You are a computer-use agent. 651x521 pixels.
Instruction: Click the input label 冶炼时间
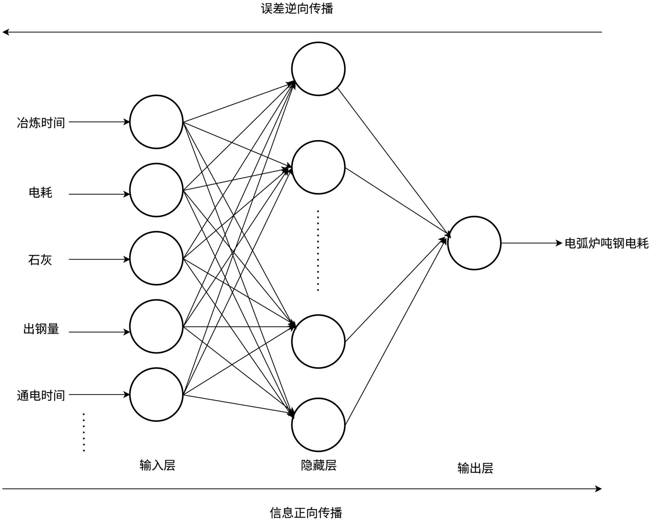point(41,123)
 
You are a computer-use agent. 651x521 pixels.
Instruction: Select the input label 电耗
point(40,192)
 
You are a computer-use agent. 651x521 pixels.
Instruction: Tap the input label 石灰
point(40,260)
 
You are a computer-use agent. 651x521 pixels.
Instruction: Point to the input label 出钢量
point(41,329)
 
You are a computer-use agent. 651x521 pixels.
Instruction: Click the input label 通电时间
point(41,395)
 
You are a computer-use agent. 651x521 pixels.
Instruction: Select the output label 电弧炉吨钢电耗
point(606,243)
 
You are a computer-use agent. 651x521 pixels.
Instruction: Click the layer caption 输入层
point(157,465)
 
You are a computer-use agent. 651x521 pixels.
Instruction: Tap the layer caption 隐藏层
point(318,465)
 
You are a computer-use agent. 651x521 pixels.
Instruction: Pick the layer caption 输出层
point(475,468)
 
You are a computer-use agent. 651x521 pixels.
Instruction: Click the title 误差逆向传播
point(297,9)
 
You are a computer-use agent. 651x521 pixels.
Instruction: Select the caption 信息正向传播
point(306,513)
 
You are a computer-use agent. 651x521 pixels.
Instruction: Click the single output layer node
point(474,243)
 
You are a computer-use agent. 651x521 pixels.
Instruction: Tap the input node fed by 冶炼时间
point(156,122)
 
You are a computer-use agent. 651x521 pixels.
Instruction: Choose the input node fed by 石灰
point(156,258)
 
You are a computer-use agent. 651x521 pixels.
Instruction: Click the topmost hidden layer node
point(318,69)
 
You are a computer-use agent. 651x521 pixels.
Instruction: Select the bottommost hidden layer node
point(318,425)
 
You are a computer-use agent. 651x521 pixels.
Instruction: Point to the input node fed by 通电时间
point(156,394)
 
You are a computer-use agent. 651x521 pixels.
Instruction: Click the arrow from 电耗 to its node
point(99,194)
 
